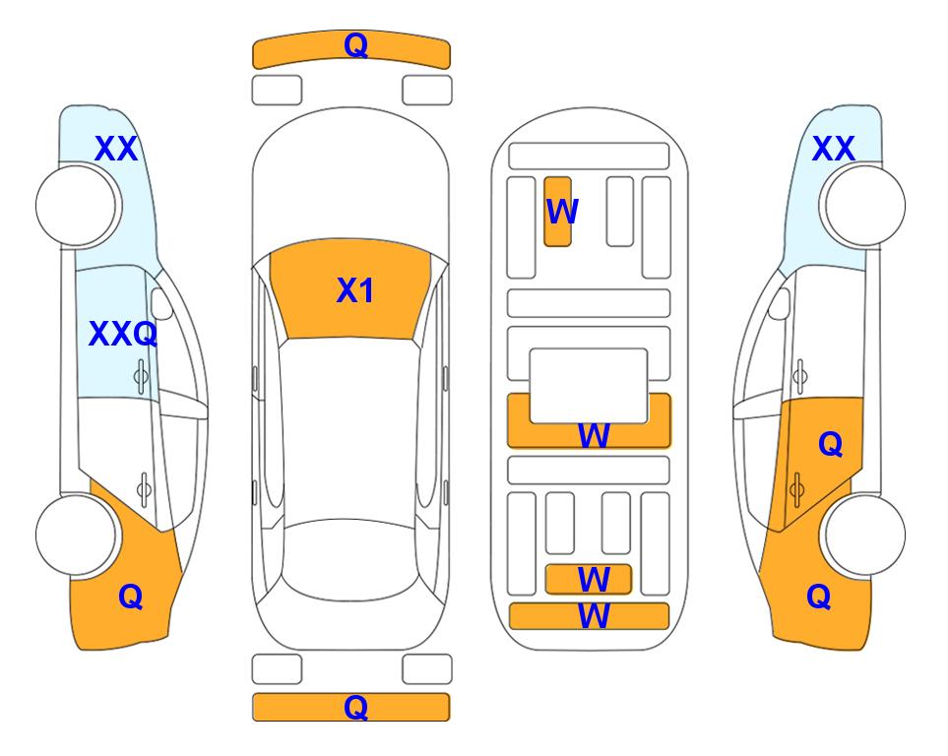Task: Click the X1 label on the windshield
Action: (355, 290)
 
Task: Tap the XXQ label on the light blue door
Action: (123, 334)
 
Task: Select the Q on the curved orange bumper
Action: (355, 45)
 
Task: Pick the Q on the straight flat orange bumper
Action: (355, 707)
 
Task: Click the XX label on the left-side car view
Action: (116, 149)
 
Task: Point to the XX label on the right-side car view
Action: (833, 149)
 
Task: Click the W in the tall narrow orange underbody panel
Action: (562, 212)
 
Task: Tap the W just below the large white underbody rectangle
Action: (594, 435)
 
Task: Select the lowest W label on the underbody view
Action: (594, 616)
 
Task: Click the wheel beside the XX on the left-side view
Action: (78, 206)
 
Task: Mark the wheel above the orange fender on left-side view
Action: (78, 535)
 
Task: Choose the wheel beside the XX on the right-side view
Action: (862, 206)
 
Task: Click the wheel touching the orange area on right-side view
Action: (862, 535)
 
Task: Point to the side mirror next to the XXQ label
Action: (161, 303)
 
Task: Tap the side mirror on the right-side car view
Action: (780, 303)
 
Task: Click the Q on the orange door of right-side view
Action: (830, 445)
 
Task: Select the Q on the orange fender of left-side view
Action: (131, 598)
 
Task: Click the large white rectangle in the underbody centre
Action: (589, 386)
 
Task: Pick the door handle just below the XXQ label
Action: (141, 377)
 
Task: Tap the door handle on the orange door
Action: (796, 489)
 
